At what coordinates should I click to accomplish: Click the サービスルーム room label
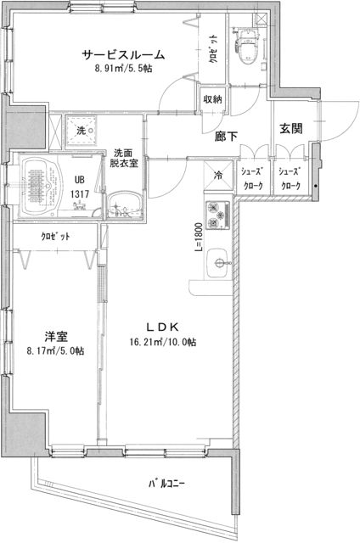[123, 55]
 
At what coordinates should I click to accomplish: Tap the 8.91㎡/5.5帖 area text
[124, 70]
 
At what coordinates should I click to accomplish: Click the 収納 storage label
[212, 99]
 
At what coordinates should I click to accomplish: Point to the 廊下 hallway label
[226, 133]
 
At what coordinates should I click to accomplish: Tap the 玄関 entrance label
[290, 129]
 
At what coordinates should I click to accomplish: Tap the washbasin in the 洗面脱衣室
[127, 204]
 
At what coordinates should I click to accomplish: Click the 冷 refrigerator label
[218, 176]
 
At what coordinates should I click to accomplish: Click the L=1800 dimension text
[197, 237]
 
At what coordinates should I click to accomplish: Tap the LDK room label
[159, 327]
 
